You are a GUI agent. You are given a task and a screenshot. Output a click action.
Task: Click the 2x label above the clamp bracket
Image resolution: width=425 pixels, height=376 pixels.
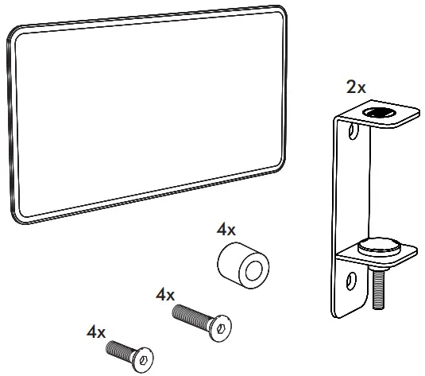click(x=356, y=87)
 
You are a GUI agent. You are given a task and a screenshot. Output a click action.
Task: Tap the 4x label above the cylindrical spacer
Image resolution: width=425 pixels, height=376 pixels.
click(x=226, y=230)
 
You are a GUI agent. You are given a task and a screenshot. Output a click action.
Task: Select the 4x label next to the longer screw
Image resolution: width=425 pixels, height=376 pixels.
click(x=165, y=295)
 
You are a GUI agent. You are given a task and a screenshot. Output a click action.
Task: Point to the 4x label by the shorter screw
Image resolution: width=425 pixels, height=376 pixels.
click(x=96, y=332)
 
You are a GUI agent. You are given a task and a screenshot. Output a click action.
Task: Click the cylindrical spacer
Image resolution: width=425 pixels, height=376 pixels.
click(x=243, y=265)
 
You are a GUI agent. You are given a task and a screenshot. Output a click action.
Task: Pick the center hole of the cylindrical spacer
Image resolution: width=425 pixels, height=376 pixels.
click(x=254, y=271)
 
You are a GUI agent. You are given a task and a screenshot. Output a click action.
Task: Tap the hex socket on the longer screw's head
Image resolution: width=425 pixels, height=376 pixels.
click(x=221, y=329)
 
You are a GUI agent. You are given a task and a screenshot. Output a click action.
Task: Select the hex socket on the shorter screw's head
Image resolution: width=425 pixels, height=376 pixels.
click(x=143, y=361)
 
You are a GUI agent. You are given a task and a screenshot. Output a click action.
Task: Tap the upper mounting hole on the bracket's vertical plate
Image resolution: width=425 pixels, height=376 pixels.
click(x=353, y=131)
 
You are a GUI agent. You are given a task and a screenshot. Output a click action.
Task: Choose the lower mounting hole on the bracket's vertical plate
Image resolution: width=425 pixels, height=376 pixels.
click(x=351, y=281)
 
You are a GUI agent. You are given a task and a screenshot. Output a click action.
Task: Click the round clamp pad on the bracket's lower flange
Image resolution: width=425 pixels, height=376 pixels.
click(x=379, y=246)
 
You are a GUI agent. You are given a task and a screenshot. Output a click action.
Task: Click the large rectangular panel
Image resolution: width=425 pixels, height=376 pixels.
click(x=147, y=114)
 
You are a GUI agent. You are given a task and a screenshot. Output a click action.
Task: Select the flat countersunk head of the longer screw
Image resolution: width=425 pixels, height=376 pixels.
click(x=220, y=328)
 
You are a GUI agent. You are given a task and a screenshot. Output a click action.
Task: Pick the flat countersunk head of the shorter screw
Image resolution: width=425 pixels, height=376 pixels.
click(x=143, y=360)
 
